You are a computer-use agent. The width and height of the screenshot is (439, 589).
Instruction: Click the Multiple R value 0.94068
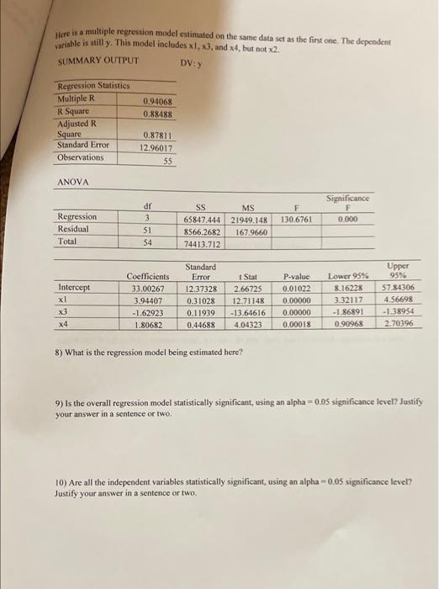point(158,100)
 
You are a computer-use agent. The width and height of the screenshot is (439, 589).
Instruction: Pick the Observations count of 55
point(167,159)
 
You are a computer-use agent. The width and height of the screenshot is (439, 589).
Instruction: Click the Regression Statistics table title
point(93,87)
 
